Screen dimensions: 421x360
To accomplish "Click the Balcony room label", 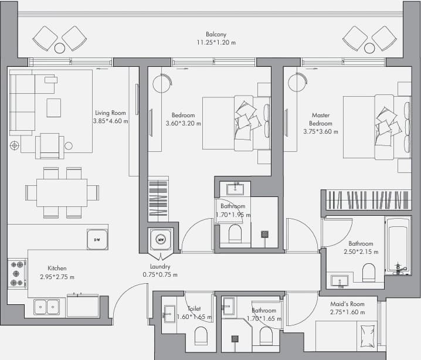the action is coord(216,34).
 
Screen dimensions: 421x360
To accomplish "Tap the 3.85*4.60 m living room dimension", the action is coord(111,121).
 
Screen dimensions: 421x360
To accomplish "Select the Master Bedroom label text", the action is coord(321,119).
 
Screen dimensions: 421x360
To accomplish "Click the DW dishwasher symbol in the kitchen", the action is coord(97,239).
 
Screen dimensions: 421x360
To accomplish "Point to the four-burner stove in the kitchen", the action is coord(17,274).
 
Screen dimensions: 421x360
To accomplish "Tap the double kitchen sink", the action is coord(47,307).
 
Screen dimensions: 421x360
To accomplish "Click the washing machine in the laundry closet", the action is coord(161,239).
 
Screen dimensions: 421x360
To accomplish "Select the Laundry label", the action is coord(160,266).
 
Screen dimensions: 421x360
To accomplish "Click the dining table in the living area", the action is coord(62,193).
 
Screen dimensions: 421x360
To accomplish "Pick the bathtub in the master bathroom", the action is coord(398,246).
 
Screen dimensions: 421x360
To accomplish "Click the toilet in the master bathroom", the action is coord(368,272).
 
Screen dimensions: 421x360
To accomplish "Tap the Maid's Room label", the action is coord(348,304).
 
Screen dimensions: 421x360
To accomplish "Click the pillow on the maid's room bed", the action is coord(368,336).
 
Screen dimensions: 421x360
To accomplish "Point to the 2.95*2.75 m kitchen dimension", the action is coord(57,277).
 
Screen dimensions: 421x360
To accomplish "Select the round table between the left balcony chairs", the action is coord(60,48).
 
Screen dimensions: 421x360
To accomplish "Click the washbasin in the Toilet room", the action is coord(169,314).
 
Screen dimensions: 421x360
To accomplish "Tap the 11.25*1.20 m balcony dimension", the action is coord(216,42).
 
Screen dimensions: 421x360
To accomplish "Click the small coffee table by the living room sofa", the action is coord(54,108).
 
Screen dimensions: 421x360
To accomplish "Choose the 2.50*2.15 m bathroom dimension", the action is coord(361,252).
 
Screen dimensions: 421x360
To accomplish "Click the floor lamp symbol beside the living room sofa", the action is coord(15,146).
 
